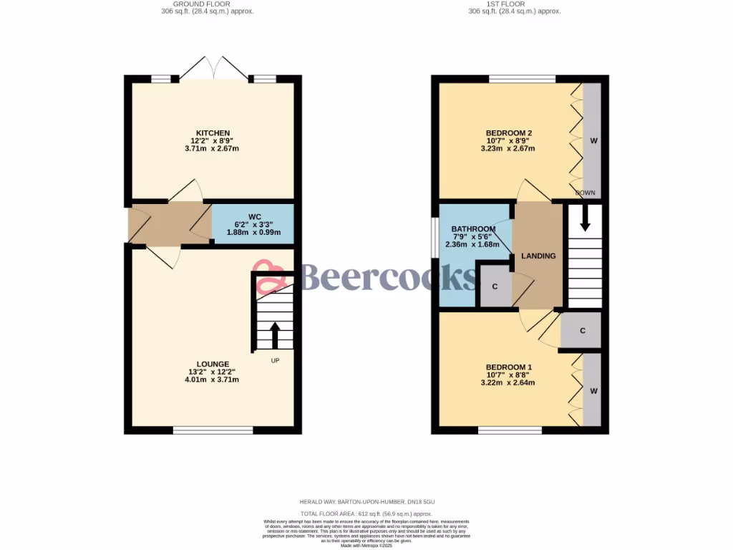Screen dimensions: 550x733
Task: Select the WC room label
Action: [255, 216]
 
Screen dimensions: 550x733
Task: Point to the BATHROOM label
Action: [473, 229]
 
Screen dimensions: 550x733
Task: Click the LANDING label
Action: [538, 256]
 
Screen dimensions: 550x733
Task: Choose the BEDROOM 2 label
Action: [509, 133]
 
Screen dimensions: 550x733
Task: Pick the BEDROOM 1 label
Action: [509, 367]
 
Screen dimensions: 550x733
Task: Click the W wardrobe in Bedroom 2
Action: [593, 141]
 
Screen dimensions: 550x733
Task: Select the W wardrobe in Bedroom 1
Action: [593, 391]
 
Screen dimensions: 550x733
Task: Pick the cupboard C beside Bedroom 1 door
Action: [583, 331]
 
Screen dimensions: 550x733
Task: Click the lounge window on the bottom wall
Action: [213, 430]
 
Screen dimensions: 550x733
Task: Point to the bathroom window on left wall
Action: [435, 235]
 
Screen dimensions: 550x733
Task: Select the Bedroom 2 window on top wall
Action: [522, 79]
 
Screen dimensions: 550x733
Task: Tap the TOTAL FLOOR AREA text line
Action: [366, 514]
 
